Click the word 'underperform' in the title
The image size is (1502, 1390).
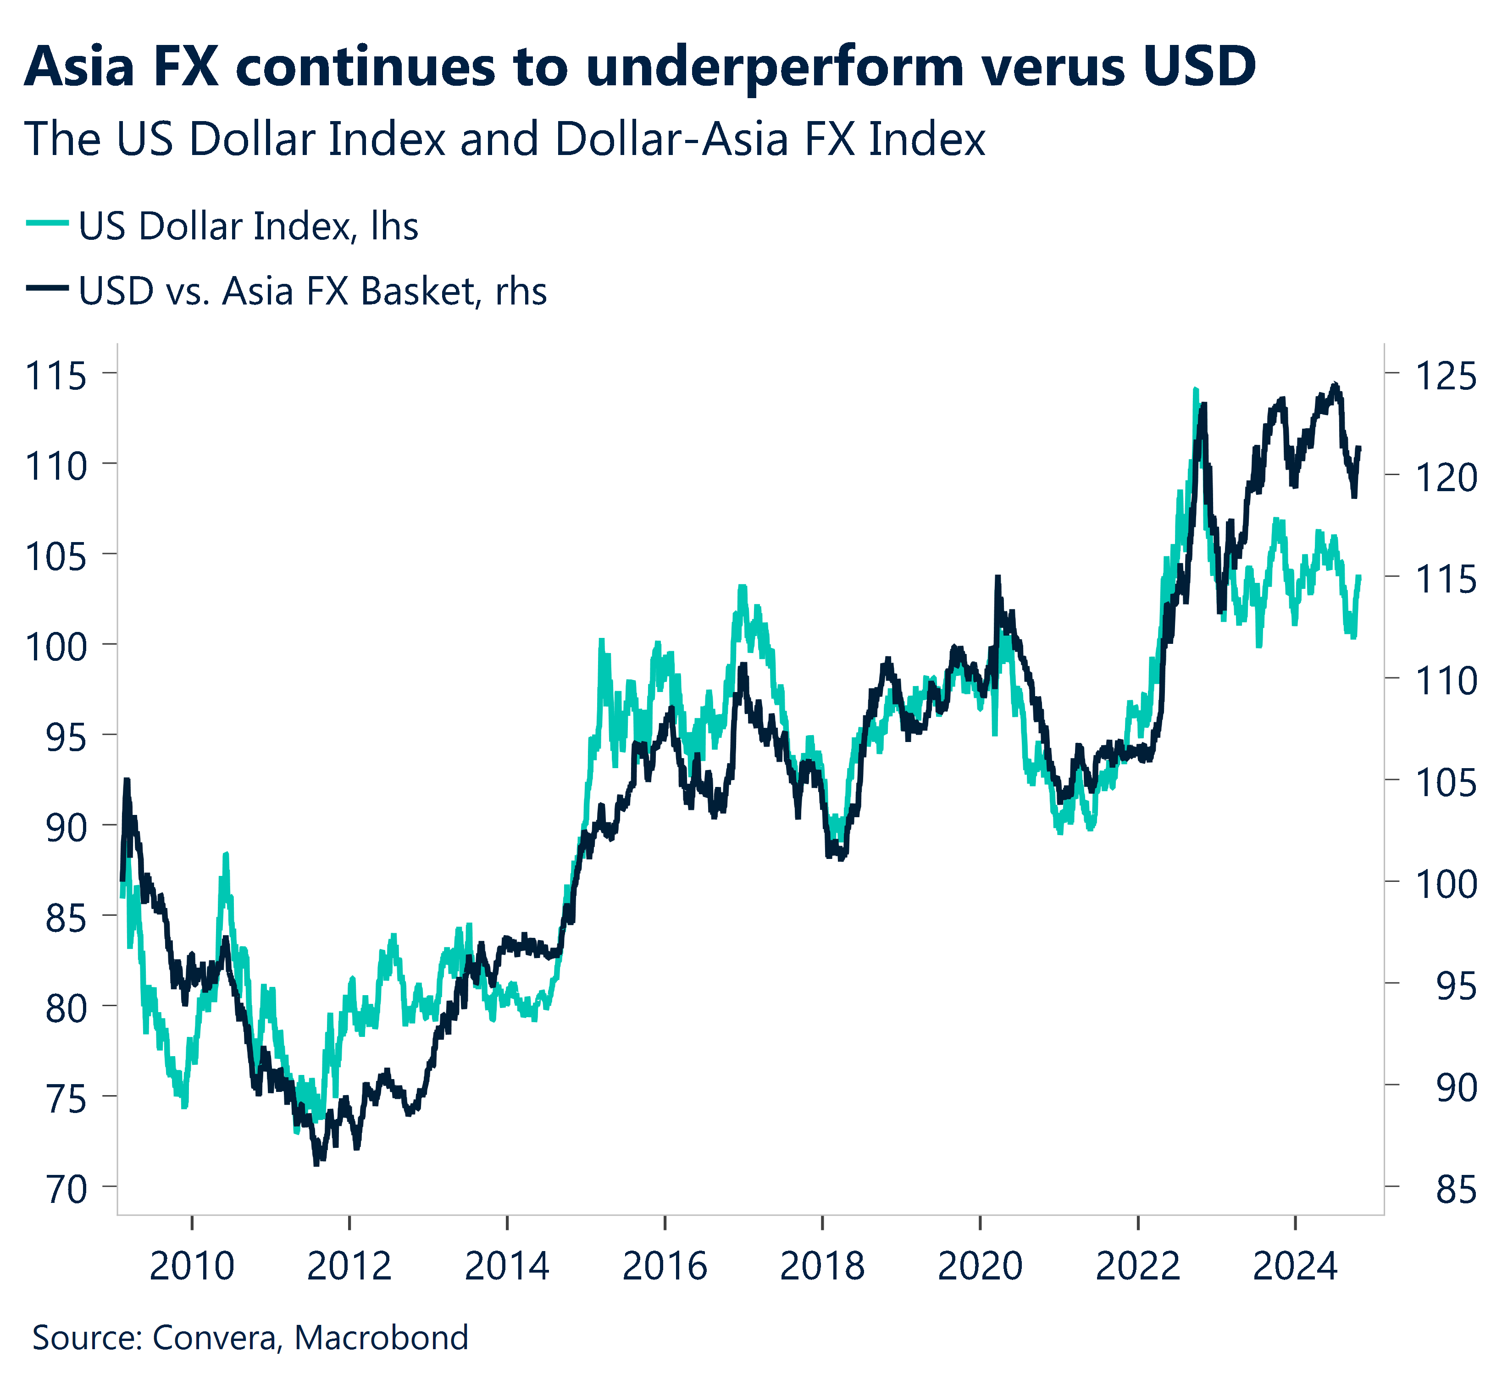pyautogui.click(x=775, y=68)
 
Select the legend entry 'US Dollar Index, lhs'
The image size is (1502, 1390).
pyautogui.click(x=248, y=227)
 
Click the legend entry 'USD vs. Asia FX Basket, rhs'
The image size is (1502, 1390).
pyautogui.click(x=312, y=291)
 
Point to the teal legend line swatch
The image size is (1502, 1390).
pyautogui.click(x=47, y=223)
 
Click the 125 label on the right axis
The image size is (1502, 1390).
pyautogui.click(x=1446, y=375)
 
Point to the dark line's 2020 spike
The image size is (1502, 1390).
pyautogui.click(x=998, y=578)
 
